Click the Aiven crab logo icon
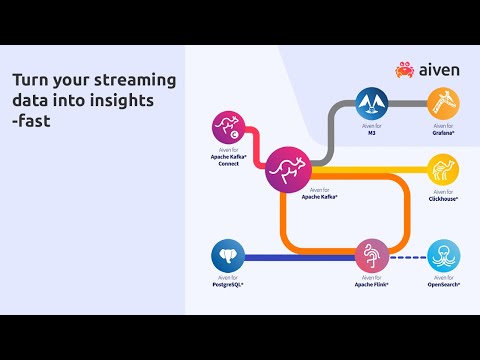(x=404, y=69)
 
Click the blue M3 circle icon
(x=372, y=103)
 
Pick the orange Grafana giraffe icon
(x=443, y=103)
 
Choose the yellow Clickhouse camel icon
(x=443, y=169)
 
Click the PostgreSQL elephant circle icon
(x=228, y=257)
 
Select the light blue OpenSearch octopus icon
(x=443, y=257)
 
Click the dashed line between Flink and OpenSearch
(x=408, y=257)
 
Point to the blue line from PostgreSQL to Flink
(x=300, y=257)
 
